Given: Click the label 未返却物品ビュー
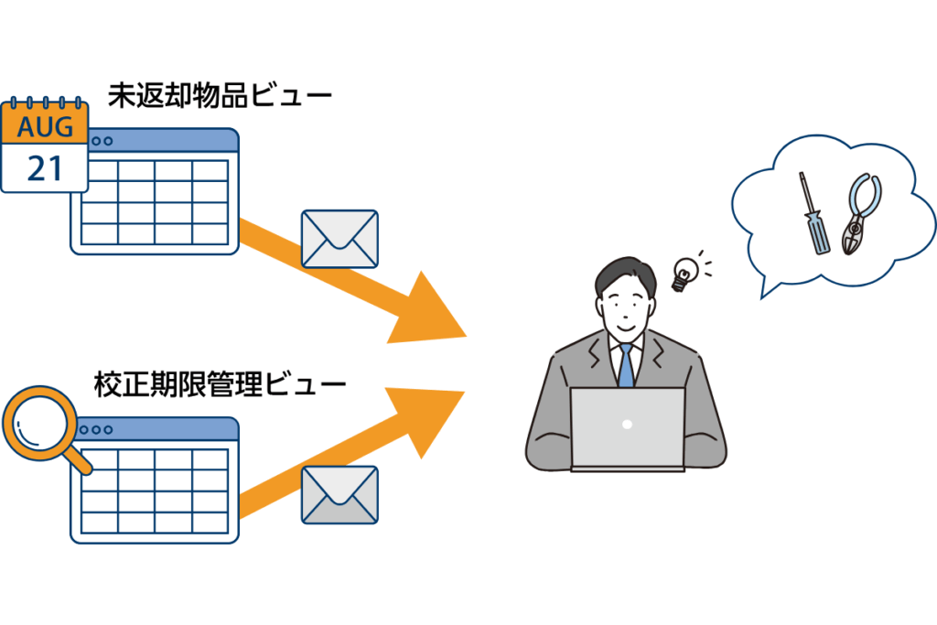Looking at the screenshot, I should pos(220,95).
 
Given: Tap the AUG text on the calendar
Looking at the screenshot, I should pos(44,127).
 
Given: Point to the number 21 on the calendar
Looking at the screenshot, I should pos(44,168).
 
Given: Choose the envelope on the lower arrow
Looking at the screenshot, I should pos(339,495).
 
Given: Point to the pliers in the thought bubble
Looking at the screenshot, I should pos(860,215).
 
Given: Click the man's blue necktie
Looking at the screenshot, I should pos(626,365).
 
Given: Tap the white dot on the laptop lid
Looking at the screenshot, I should pos(627,425).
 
